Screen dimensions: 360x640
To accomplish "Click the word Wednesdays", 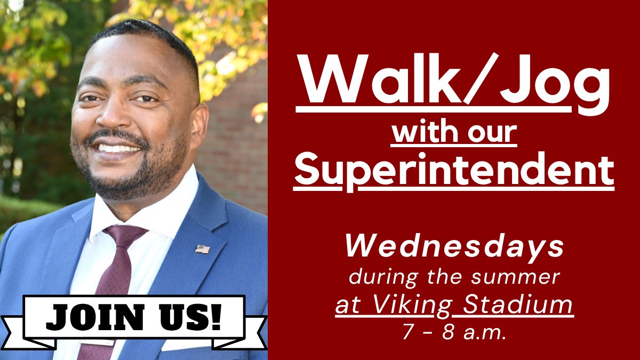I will coord(454,247).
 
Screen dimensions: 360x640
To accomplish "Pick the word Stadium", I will coord(517,305).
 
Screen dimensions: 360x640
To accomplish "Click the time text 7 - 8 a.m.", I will coord(454,332).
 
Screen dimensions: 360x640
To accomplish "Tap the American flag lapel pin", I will coord(202,249).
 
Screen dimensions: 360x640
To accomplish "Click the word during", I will coord(374,277).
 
